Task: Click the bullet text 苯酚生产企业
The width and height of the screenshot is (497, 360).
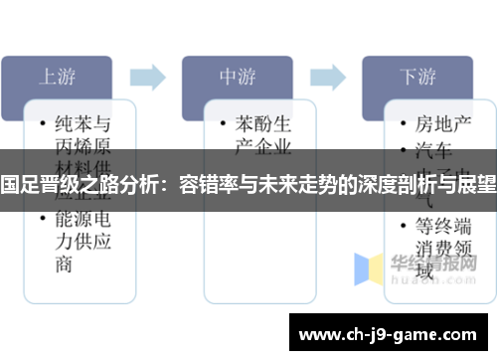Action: (x=262, y=135)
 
